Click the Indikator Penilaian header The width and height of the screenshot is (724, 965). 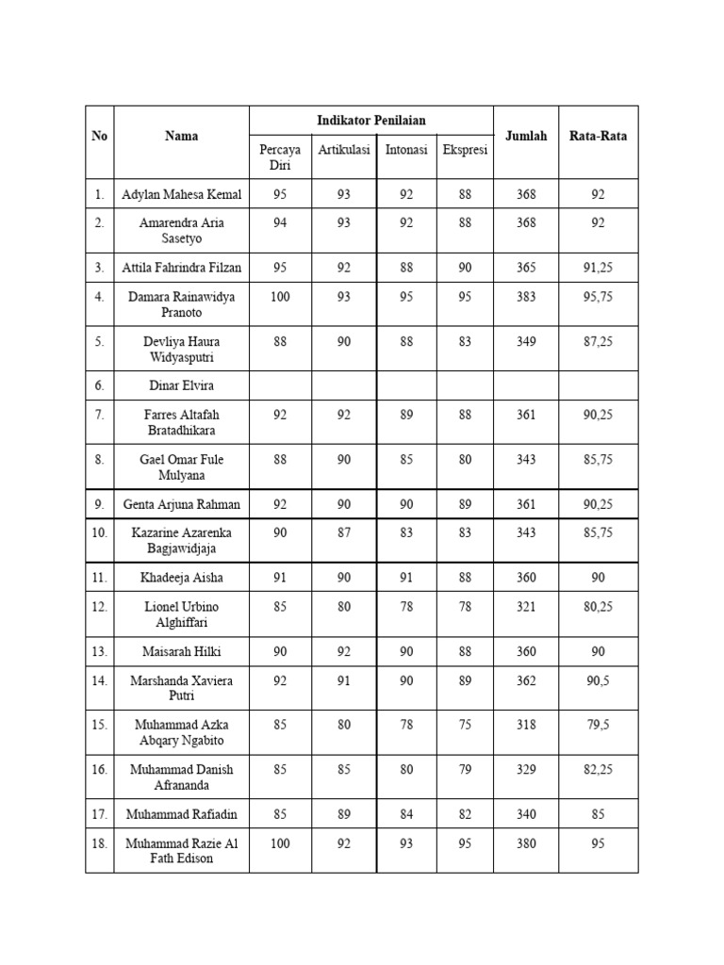pos(370,121)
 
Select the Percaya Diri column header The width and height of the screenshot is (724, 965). pos(280,156)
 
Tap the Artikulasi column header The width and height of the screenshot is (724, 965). pos(344,150)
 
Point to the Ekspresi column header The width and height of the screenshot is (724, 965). pos(465,150)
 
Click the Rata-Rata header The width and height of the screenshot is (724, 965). pos(598,136)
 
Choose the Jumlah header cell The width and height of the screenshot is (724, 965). pos(526,136)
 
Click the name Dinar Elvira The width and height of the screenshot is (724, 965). pos(181,385)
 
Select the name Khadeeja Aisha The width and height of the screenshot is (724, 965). pos(181,578)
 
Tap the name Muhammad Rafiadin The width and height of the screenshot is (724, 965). pos(181,814)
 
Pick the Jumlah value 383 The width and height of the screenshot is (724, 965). pos(526,297)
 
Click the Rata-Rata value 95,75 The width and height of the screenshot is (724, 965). pos(598,297)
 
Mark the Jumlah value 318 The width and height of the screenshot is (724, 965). pos(526,725)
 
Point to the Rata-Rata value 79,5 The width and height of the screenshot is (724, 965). pos(598,725)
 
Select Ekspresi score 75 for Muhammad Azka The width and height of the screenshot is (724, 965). pos(465,725)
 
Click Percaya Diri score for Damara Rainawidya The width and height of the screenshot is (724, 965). pos(280,297)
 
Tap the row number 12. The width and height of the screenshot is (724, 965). pos(100,607)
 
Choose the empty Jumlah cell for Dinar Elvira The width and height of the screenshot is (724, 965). pos(526,385)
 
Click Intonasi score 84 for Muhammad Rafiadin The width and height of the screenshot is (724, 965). pos(406,814)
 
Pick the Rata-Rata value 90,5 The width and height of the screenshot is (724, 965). pos(598,680)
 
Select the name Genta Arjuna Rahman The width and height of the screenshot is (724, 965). pos(181,504)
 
